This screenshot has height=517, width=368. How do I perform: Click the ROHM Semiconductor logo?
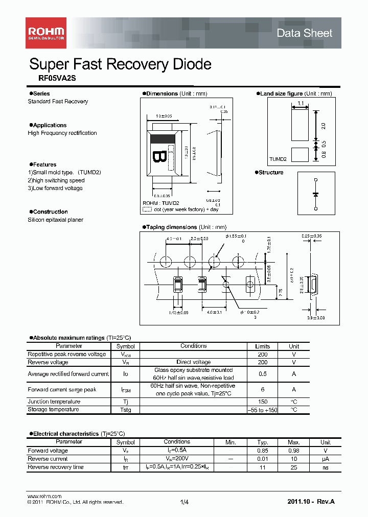[x=45, y=33]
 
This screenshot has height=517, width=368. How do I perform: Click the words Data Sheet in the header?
[x=304, y=33]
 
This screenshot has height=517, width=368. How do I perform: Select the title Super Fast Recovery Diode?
[x=120, y=64]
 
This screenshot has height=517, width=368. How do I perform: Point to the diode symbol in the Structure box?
[x=315, y=194]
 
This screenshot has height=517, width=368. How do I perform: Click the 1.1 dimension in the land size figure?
[x=300, y=103]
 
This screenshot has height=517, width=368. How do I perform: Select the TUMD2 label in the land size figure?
[x=278, y=159]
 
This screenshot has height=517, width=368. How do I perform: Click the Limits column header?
[x=262, y=346]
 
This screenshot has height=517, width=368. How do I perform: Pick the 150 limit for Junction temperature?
[x=262, y=402]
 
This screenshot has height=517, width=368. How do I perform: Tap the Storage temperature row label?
[x=53, y=410]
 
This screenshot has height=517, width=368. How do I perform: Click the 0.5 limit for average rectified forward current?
[x=262, y=374]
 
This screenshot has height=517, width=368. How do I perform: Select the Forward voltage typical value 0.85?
[x=263, y=451]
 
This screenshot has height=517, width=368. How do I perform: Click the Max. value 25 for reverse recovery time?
[x=294, y=467]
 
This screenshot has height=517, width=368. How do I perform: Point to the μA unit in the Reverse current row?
[x=325, y=459]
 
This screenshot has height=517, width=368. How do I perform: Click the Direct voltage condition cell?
[x=194, y=362]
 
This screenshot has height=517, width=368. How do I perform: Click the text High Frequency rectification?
[x=62, y=133]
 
